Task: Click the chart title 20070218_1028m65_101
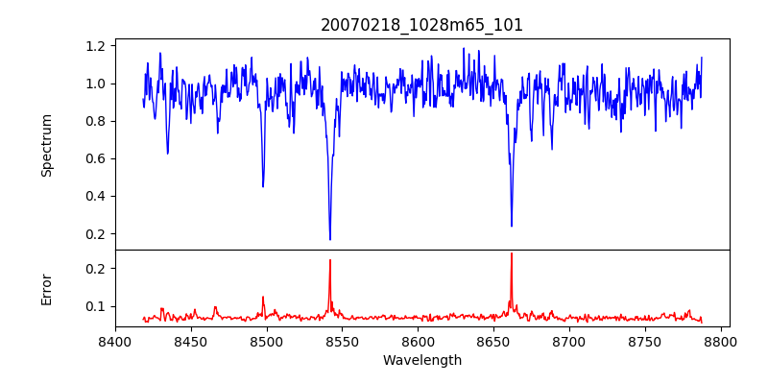pyautogui.click(x=421, y=25)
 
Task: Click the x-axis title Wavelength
pyautogui.click(x=421, y=360)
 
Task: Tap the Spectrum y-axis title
pyautogui.click(x=46, y=145)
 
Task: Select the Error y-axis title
pyautogui.click(x=46, y=289)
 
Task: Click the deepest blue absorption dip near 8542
pyautogui.click(x=330, y=239)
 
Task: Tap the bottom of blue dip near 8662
pyautogui.click(x=512, y=226)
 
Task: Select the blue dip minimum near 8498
pyautogui.click(x=263, y=186)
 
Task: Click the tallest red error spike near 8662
pyautogui.click(x=512, y=253)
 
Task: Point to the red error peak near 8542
pyautogui.click(x=330, y=260)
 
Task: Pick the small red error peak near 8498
pyautogui.click(x=263, y=297)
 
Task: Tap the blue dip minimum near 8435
pyautogui.click(x=168, y=153)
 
